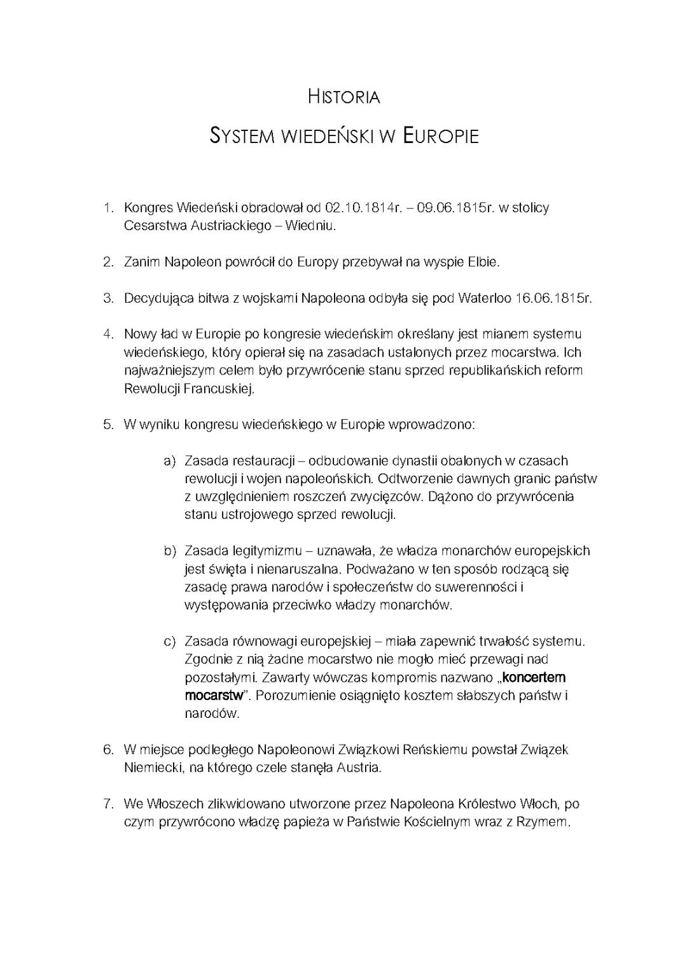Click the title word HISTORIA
343,97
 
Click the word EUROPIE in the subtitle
440,136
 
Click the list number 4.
109,334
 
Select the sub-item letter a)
170,460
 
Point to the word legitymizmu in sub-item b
267,551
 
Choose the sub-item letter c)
170,641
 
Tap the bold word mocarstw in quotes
214,695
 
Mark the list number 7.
109,804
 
